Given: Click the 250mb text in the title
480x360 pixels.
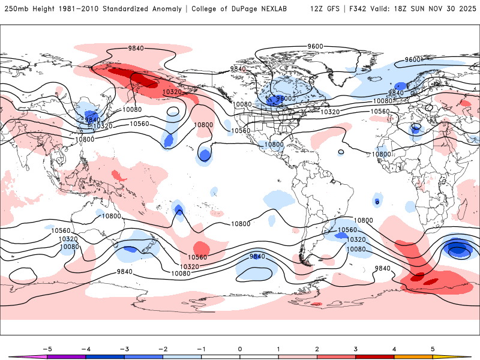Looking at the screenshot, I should tap(13, 9).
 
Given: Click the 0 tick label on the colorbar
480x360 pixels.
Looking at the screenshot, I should tap(240, 348).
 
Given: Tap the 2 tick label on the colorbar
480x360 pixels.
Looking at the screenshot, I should tap(317, 348).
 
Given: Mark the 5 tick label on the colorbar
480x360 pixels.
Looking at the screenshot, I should tap(433, 348).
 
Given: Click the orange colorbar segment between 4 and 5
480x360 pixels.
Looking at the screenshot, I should tap(413, 356).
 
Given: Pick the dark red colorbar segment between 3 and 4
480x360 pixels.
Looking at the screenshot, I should tap(374, 356).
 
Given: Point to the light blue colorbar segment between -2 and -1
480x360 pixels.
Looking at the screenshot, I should tap(182, 356).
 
